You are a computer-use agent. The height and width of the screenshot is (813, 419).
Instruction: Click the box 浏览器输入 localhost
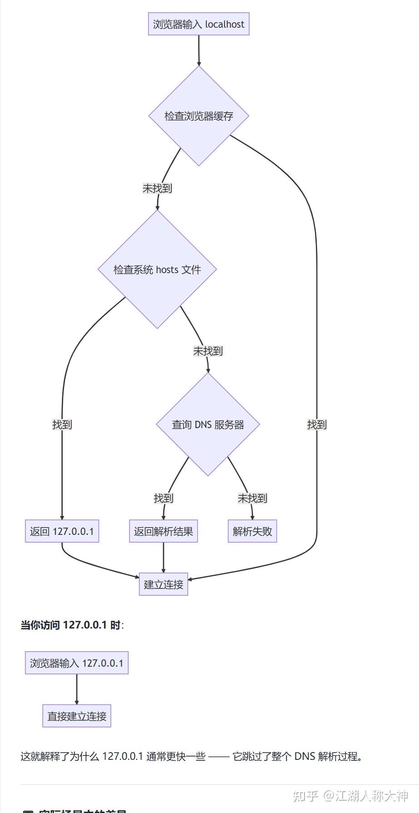pos(199,24)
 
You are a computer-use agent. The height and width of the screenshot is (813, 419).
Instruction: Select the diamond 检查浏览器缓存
pos(199,116)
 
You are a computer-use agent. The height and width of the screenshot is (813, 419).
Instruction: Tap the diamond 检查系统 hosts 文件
pos(157,269)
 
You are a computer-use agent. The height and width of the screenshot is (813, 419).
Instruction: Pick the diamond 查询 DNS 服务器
pos(208,424)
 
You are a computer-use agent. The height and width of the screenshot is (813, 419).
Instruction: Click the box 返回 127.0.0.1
pos(62,531)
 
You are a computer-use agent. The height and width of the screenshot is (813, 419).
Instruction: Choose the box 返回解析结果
pos(163,531)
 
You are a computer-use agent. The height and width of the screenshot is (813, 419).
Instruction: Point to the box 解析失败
pos(252,531)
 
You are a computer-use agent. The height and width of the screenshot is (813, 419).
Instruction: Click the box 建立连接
pos(163,584)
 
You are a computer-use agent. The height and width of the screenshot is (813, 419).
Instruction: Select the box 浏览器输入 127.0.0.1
pos(76,663)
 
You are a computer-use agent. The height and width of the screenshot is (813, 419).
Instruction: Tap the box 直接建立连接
pos(77,716)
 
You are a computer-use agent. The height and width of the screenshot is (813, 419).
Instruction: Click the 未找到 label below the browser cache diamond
pos(157,188)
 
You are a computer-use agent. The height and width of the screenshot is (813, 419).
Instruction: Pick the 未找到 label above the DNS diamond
pos(208,351)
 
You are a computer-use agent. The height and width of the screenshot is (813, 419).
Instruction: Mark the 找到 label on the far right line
pos(317,424)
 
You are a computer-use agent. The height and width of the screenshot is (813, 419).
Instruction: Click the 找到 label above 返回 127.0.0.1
pos(62,424)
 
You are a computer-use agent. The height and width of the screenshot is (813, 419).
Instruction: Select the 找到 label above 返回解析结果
pos(163,498)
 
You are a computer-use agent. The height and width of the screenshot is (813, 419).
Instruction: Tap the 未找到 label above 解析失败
pos(252,498)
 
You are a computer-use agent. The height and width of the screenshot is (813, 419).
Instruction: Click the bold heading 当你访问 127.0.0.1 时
pos(72,625)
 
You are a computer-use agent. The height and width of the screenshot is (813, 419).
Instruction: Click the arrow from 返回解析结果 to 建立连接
pos(163,558)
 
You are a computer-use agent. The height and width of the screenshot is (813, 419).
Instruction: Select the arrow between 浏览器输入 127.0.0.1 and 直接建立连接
pos(76,689)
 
